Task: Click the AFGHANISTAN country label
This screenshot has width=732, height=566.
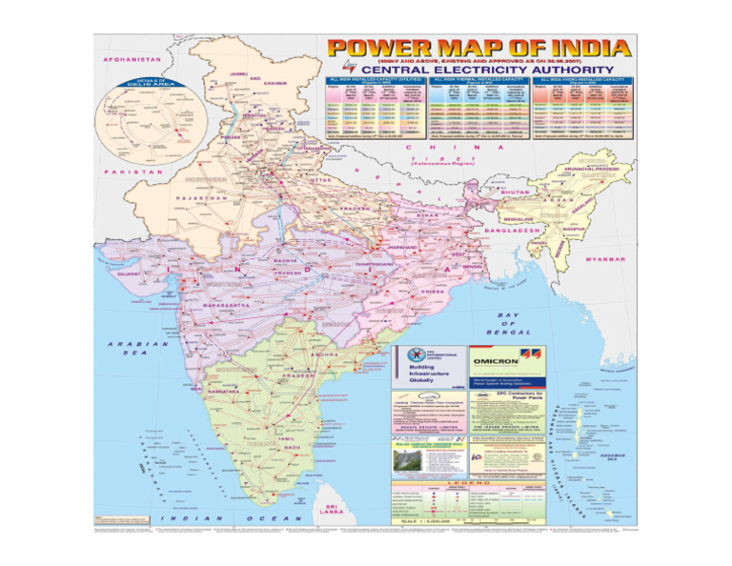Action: pyautogui.click(x=133, y=58)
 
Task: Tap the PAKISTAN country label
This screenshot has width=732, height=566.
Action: pyautogui.click(x=135, y=172)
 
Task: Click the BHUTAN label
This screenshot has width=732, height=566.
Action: pyautogui.click(x=514, y=192)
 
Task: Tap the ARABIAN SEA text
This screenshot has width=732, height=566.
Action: pyautogui.click(x=128, y=348)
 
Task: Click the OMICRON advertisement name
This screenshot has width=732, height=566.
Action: pyautogui.click(x=495, y=360)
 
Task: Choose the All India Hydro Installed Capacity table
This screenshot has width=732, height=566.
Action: pyautogui.click(x=580, y=111)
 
